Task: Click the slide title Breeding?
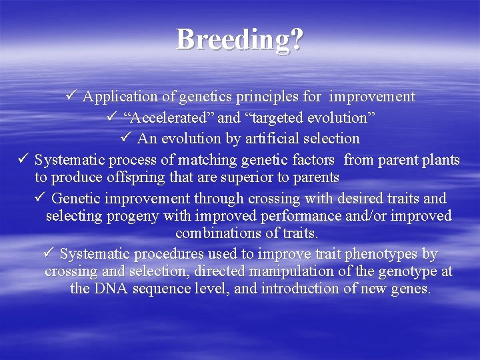[x=240, y=40]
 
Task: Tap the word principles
[x=269, y=97]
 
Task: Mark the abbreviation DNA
[x=110, y=289]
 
